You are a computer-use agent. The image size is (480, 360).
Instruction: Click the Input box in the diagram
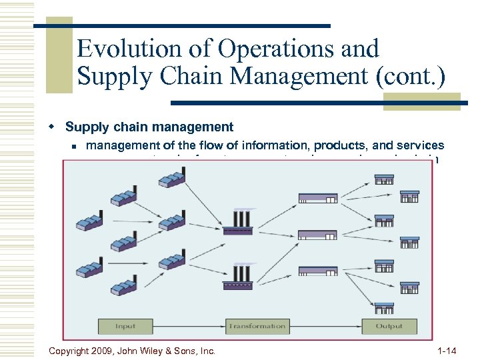tap(125, 327)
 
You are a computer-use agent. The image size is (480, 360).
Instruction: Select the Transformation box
tap(257, 327)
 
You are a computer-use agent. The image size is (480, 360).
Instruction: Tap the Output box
tap(389, 327)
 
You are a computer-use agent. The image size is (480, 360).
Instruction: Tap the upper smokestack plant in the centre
tap(237, 221)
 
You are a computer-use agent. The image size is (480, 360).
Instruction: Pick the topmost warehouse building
tap(317, 198)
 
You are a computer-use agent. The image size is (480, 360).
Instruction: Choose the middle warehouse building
tap(317, 234)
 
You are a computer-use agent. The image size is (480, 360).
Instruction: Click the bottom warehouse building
tap(317, 270)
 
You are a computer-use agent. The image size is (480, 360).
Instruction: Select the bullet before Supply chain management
tap(58, 127)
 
